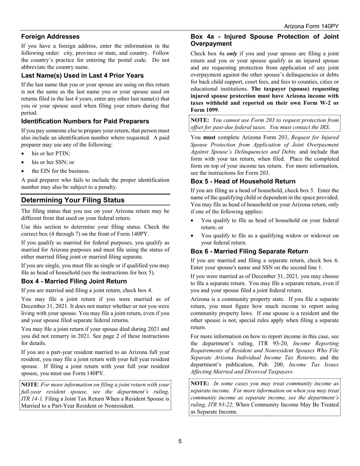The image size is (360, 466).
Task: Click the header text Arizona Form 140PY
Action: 311,26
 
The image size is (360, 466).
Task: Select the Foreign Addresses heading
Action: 50,37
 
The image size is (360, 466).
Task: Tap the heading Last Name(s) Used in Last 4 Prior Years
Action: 82,75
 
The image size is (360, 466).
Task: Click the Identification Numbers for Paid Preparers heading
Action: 85,121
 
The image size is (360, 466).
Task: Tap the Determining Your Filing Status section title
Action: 73,200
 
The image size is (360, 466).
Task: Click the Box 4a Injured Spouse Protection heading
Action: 264,40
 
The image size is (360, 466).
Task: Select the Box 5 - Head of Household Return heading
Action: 243,181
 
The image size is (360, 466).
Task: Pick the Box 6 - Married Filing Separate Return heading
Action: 249,251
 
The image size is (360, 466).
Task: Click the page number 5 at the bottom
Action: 180,441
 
